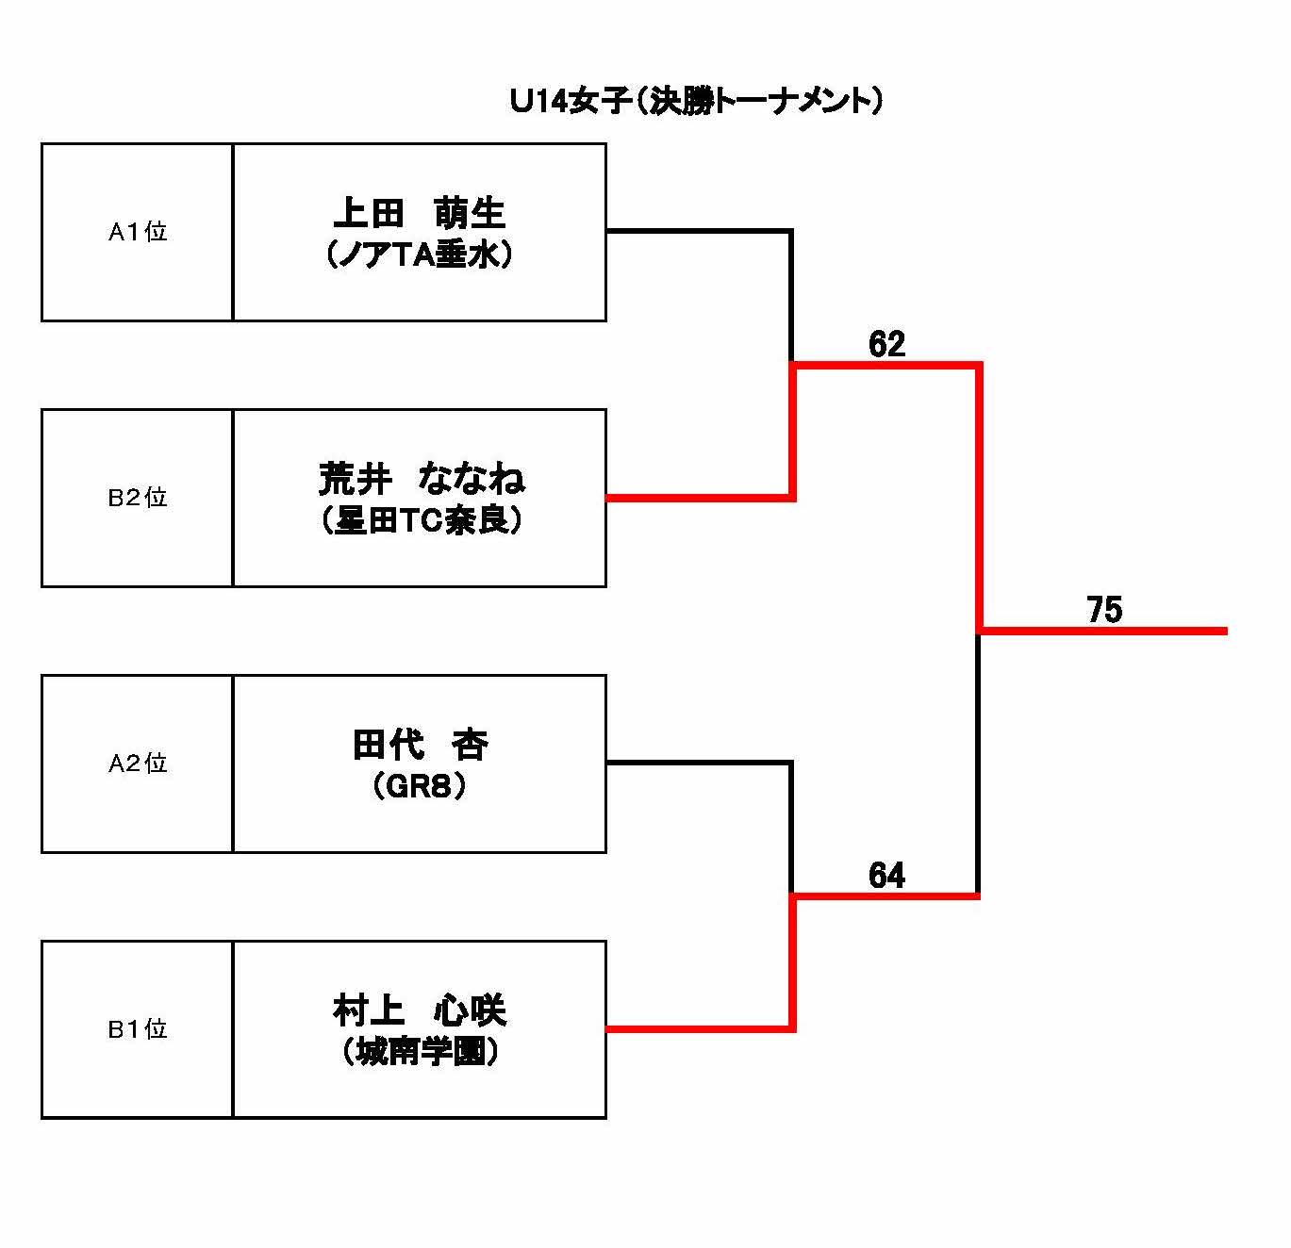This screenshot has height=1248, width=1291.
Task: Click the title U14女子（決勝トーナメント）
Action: coord(696,101)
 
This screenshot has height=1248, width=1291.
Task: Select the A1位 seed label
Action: coord(138,232)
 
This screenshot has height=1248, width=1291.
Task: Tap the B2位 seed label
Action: coord(138,498)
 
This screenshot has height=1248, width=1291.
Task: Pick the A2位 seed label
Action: coord(138,764)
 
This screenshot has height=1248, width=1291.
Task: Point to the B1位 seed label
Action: coord(138,1029)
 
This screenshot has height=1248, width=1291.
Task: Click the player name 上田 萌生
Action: coord(420,213)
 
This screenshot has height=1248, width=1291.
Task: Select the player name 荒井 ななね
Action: coord(421,480)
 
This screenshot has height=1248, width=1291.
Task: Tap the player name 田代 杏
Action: coord(420,745)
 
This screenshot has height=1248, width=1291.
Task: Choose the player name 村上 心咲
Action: coord(420,1010)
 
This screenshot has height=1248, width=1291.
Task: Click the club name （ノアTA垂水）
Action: coord(420,255)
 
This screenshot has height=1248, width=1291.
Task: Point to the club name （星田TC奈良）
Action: coord(420,521)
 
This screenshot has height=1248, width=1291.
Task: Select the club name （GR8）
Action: coord(420,787)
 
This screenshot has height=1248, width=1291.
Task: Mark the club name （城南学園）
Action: coord(420,1053)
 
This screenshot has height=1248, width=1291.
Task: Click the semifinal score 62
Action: coord(886,345)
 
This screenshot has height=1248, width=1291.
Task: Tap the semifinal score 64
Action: coord(886,877)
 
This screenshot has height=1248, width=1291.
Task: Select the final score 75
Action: coord(1104,611)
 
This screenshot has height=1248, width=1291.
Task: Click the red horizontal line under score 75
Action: coord(1103,630)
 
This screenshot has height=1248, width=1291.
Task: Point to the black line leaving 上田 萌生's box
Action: coord(698,230)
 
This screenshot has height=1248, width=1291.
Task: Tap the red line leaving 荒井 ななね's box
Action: coord(698,497)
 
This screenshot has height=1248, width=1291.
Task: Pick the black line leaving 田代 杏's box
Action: coord(698,762)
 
